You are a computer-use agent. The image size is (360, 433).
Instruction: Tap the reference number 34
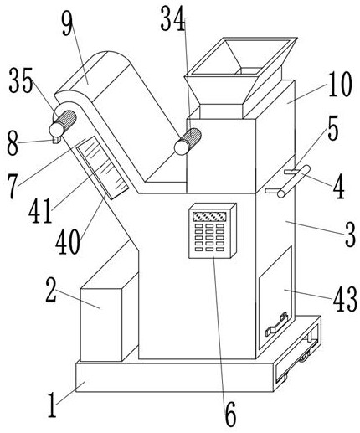tap(172, 19)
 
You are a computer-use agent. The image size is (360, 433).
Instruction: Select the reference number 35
tap(21, 80)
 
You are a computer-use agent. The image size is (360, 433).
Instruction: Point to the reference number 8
tap(13, 144)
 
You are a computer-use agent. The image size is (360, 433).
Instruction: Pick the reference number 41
tap(40, 210)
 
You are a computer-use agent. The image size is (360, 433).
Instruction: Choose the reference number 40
tap(68, 241)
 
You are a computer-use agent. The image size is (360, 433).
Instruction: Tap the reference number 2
tap(51, 291)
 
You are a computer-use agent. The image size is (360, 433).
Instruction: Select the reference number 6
tap(230, 415)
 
